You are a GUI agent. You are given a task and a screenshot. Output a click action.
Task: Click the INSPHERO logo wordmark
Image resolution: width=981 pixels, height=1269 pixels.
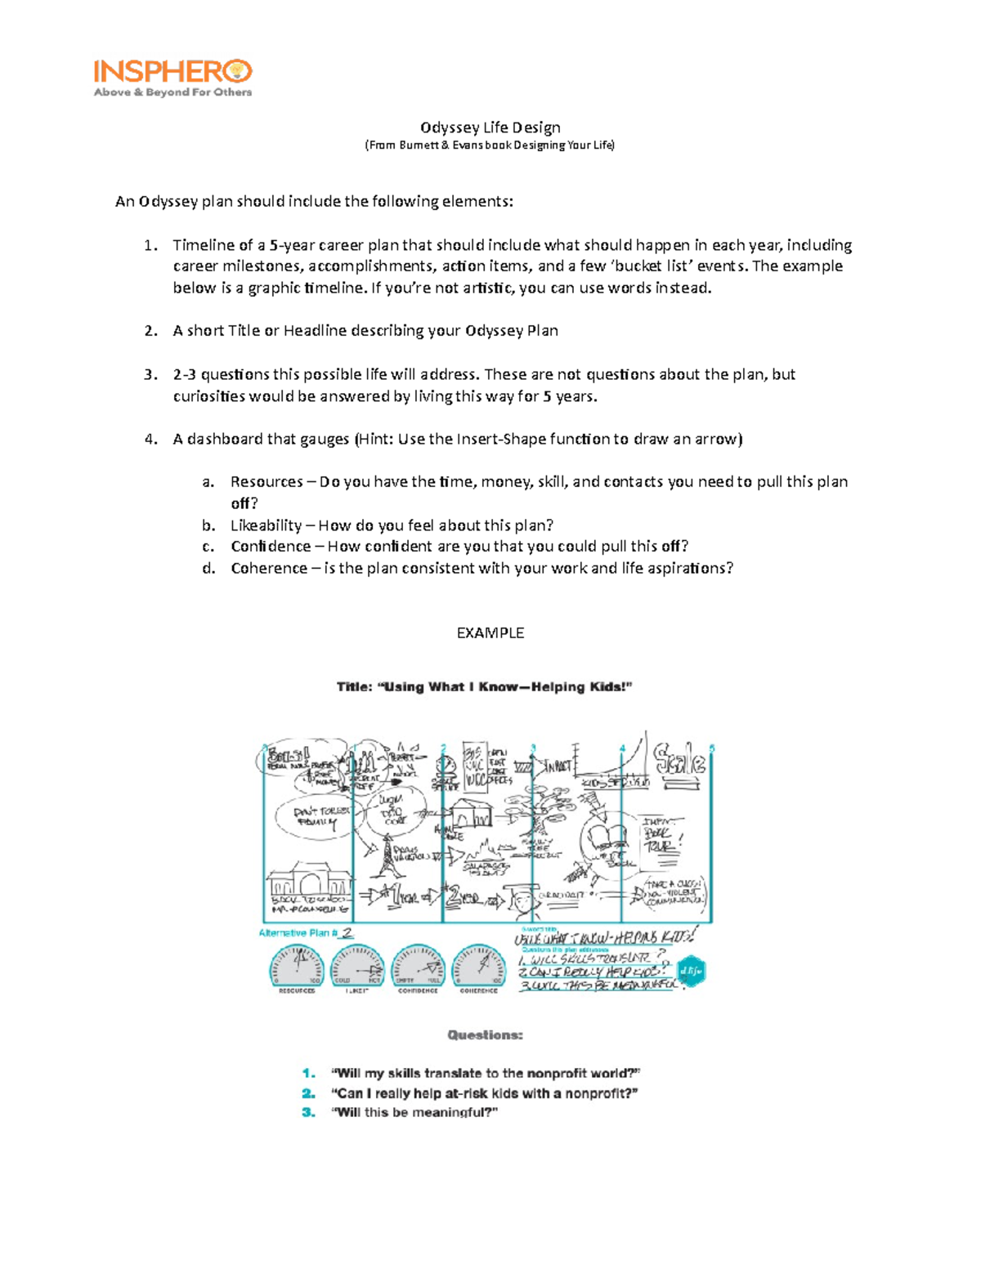[172, 71]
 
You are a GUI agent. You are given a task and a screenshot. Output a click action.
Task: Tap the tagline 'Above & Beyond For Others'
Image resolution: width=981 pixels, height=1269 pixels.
[172, 92]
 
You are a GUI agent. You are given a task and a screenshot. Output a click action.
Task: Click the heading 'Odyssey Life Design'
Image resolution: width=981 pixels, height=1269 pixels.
[490, 127]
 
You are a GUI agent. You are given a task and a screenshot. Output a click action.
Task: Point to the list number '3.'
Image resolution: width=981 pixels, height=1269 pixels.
[150, 374]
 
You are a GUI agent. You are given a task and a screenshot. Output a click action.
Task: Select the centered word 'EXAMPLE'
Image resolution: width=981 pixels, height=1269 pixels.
[490, 633]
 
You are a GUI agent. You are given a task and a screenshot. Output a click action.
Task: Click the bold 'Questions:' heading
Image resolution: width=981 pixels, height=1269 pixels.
[485, 1035]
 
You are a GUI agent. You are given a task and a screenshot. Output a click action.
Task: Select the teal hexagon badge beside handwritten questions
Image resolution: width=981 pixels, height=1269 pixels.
[692, 971]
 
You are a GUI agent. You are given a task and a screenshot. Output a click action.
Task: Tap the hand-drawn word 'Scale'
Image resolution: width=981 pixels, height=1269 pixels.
[679, 762]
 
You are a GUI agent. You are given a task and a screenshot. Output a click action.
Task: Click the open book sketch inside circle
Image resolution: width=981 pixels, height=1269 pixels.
[606, 837]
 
